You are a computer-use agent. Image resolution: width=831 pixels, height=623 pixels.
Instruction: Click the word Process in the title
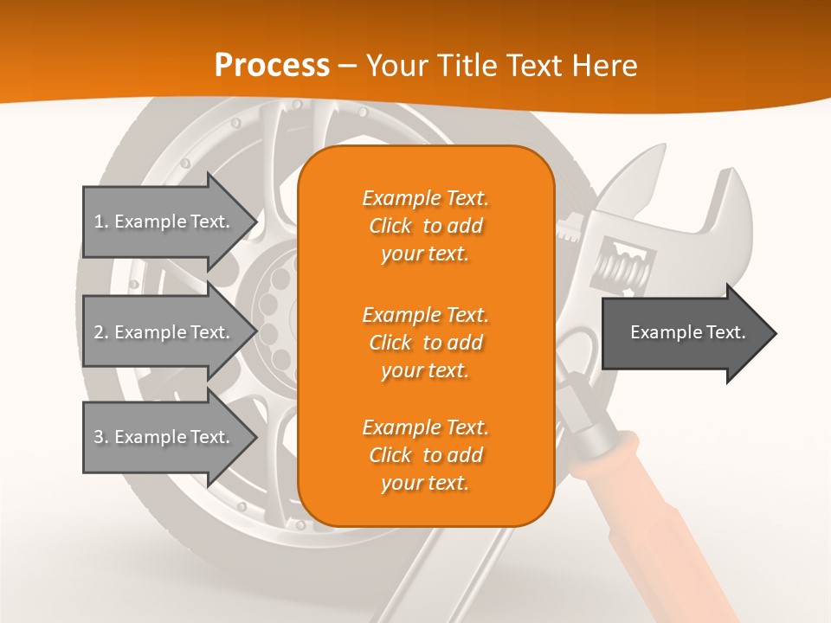click(272, 65)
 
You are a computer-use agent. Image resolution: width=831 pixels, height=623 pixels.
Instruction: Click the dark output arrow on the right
click(684, 332)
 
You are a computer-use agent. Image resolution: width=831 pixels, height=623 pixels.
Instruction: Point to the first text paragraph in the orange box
click(425, 226)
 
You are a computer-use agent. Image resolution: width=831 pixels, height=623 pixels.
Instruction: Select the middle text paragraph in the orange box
click(425, 343)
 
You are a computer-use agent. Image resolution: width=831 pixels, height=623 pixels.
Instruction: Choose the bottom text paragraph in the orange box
click(425, 455)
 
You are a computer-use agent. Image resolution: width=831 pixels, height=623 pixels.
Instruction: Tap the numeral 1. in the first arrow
click(101, 222)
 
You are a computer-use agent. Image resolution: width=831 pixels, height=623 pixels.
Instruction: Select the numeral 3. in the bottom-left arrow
click(101, 437)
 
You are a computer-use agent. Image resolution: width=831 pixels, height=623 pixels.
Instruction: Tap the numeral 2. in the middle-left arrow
click(101, 332)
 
